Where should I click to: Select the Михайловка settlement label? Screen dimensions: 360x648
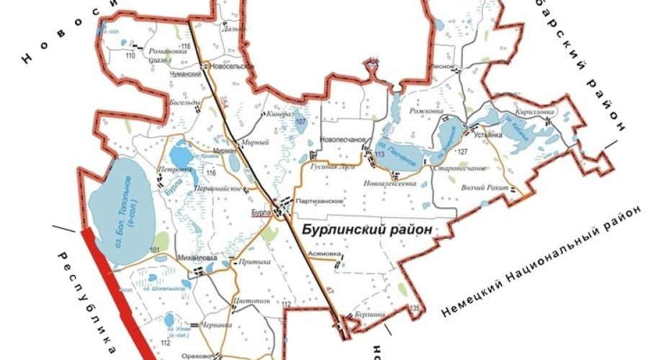(x=197, y=257)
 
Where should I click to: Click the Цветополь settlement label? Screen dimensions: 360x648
(x=251, y=300)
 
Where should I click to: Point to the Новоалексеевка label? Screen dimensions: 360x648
(x=392, y=184)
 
